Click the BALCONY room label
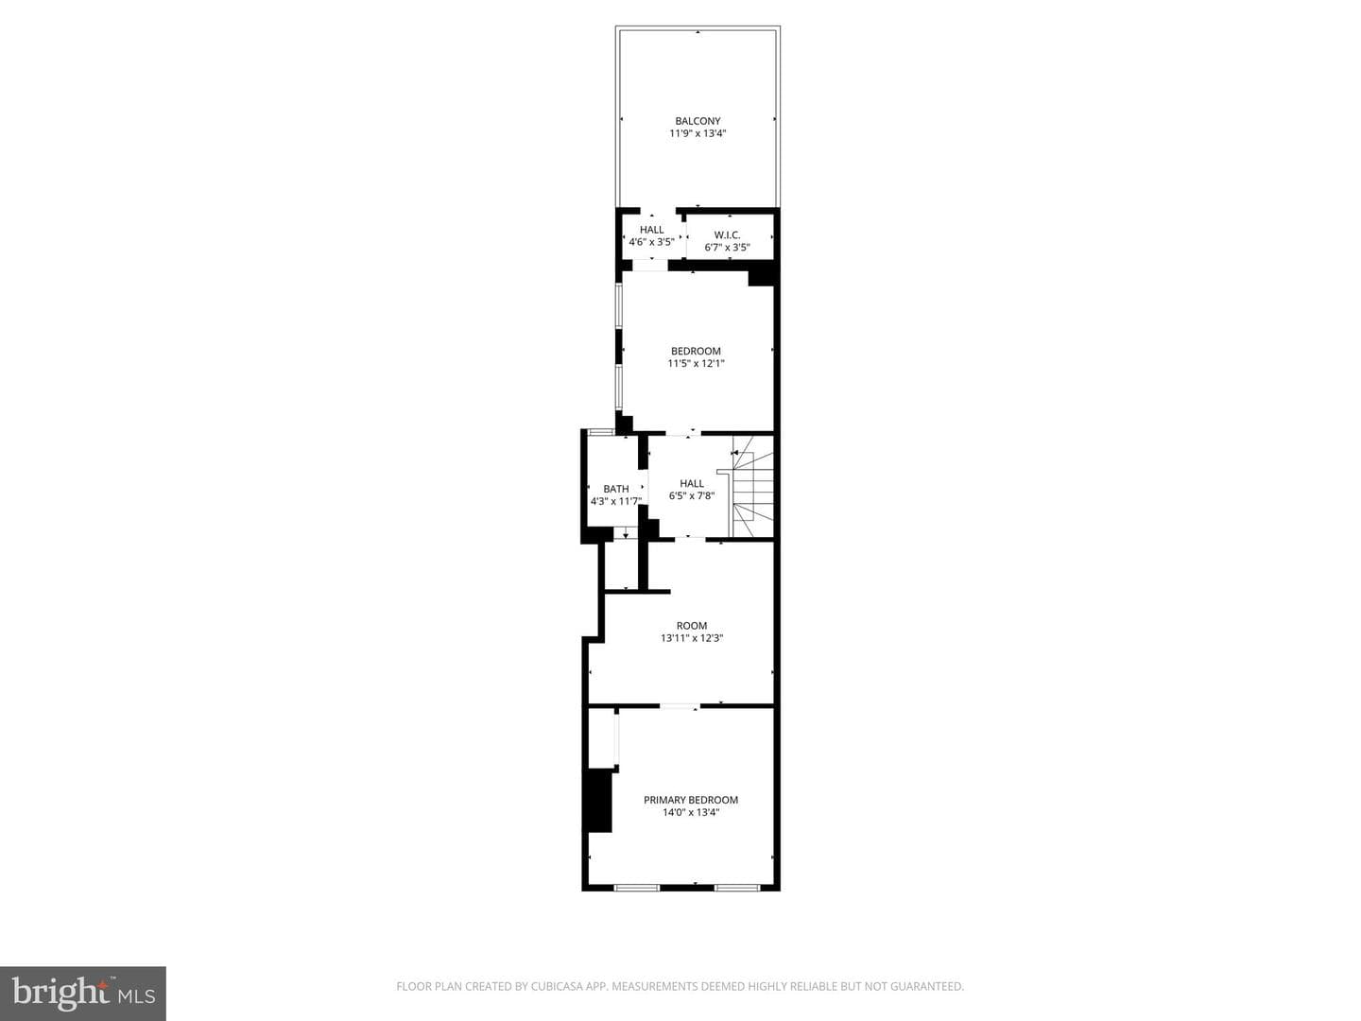point(698,121)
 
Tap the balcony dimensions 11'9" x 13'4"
point(698,133)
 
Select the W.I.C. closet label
point(727,235)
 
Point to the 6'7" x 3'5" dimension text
point(727,248)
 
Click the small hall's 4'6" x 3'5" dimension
point(651,242)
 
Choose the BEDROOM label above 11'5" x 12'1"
point(696,351)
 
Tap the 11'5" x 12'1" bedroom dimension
point(696,363)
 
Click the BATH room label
point(615,489)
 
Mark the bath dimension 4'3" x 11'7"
point(615,501)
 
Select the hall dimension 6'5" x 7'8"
point(691,496)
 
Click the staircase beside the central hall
point(752,486)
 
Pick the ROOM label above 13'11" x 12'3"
point(691,626)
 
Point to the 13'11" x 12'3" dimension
point(691,638)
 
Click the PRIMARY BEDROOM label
point(691,800)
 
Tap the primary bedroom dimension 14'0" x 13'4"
point(691,812)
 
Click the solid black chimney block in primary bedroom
point(599,801)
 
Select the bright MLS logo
point(83,993)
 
